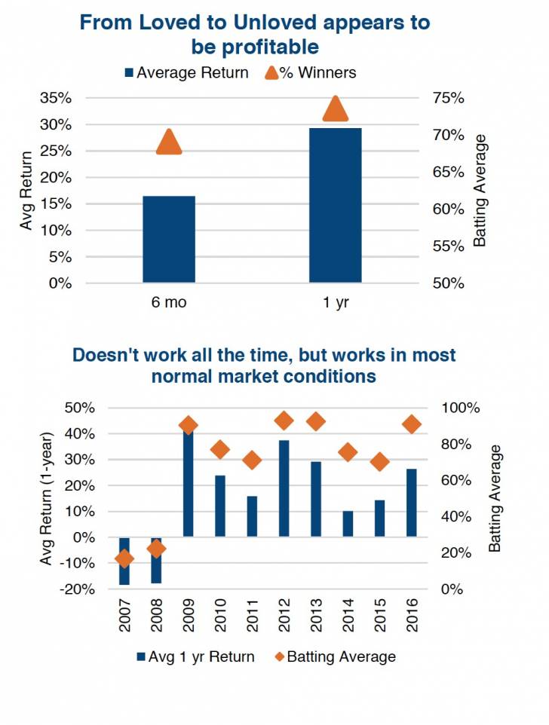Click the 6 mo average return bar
169,239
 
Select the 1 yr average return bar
336,205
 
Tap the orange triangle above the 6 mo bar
169,142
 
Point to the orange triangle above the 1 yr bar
336,110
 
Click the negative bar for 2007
124,561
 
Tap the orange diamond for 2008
156,549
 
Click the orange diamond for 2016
412,425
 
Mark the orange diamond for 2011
253,460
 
